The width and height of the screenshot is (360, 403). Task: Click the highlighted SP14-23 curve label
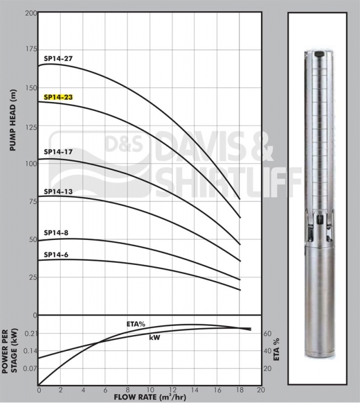click(58, 97)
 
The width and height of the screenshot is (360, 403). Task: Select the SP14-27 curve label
click(58, 59)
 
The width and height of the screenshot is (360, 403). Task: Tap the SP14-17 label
click(58, 152)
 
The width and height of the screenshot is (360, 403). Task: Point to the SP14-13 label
click(58, 192)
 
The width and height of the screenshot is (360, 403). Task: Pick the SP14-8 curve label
click(56, 233)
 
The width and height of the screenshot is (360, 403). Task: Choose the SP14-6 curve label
click(56, 255)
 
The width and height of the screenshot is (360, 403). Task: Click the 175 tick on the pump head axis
click(31, 49)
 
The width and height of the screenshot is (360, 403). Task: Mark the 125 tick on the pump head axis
click(31, 127)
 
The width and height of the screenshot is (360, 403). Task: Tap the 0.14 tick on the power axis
click(30, 351)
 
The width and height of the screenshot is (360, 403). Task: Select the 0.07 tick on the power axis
click(30, 368)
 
